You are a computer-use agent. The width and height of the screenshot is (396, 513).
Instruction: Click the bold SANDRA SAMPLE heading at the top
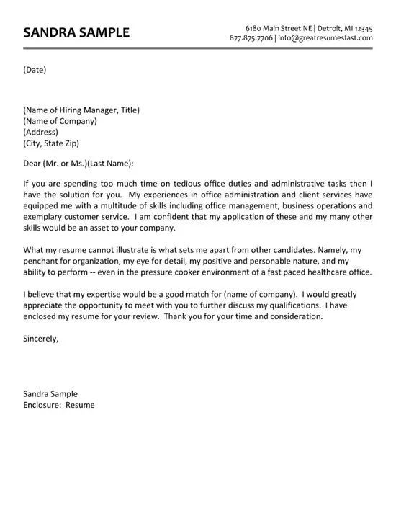(76, 32)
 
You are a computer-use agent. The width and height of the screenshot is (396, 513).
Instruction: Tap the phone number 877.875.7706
(251, 38)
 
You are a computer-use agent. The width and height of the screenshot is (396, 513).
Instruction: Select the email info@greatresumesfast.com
(325, 38)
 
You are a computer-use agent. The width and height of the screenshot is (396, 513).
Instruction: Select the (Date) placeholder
(35, 70)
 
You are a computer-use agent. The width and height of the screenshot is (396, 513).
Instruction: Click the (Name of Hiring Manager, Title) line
(81, 110)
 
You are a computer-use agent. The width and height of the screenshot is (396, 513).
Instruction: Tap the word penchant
(42, 261)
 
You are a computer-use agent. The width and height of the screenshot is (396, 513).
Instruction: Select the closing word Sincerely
(41, 337)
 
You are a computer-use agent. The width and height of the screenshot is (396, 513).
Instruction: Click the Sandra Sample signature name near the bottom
(50, 394)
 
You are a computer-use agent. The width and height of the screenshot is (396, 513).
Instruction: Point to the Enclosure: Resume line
(58, 405)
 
